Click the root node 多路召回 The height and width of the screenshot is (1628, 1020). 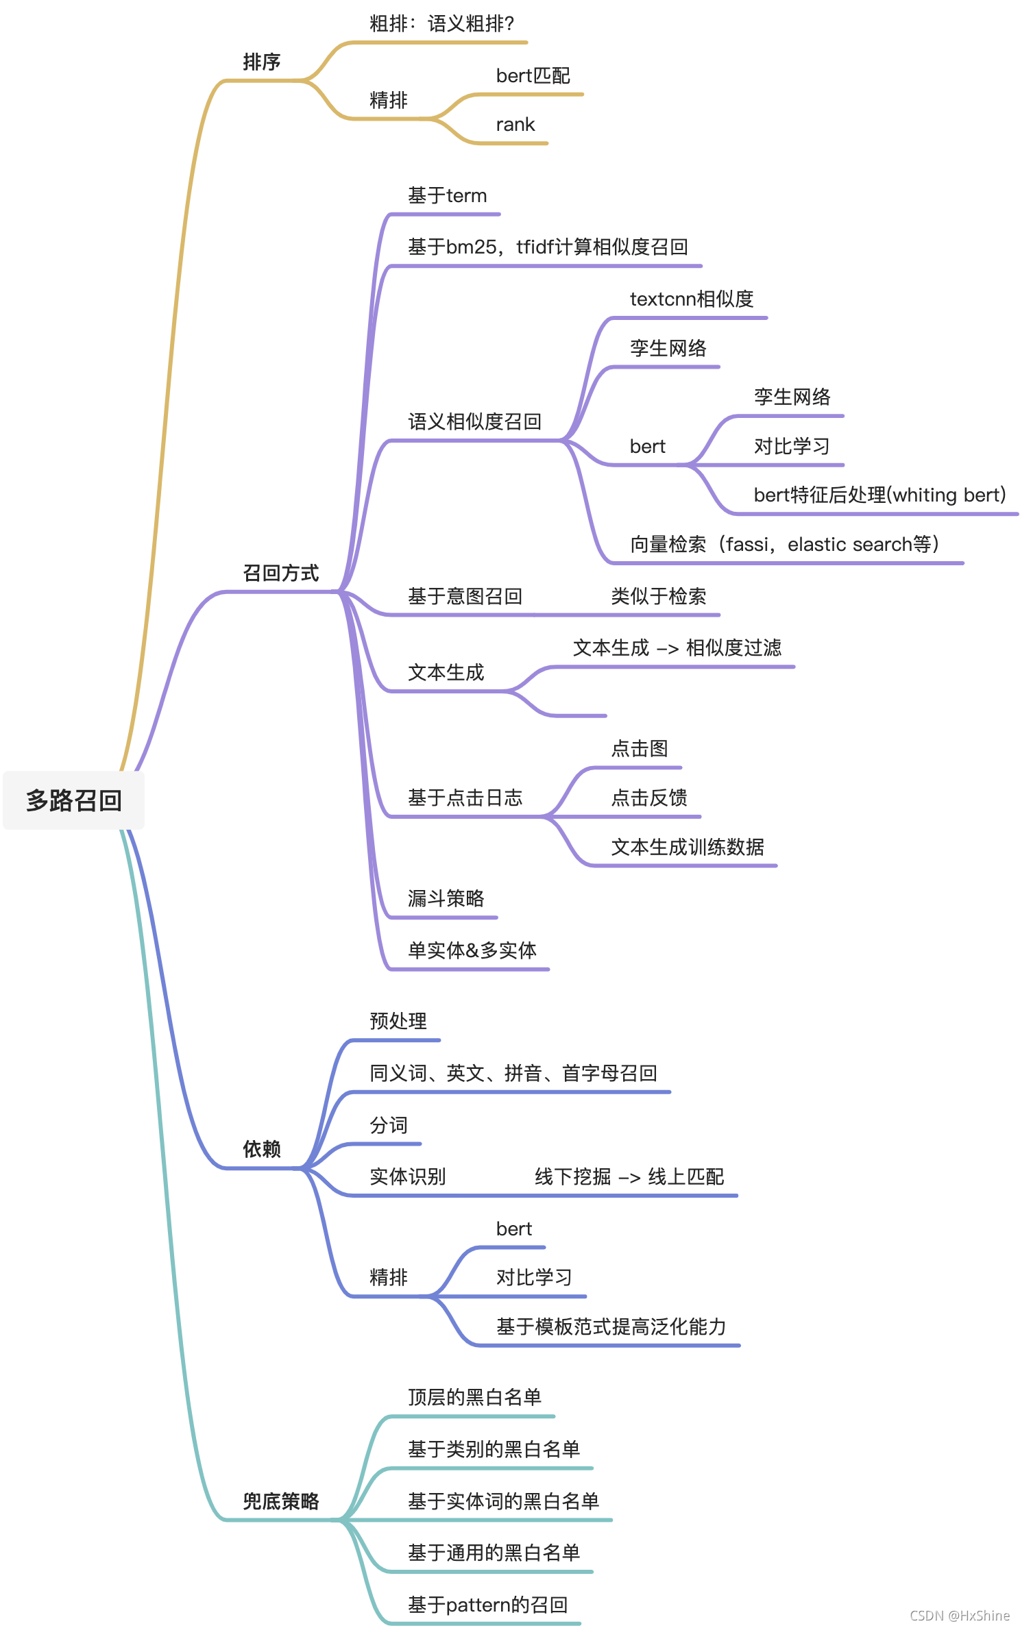click(x=73, y=800)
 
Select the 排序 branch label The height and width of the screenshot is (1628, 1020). click(x=261, y=62)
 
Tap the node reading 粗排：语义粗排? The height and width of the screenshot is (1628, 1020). click(x=441, y=24)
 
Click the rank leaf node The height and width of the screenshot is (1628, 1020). click(x=515, y=125)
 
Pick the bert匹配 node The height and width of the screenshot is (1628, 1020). click(x=533, y=75)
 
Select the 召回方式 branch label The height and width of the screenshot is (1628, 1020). click(x=280, y=573)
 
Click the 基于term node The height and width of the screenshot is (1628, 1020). click(x=447, y=196)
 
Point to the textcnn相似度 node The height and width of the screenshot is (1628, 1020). click(x=691, y=299)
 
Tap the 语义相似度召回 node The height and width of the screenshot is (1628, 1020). click(x=474, y=421)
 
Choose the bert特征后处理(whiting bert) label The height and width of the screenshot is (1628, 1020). click(x=879, y=495)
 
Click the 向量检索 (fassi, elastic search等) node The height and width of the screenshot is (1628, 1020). click(x=784, y=544)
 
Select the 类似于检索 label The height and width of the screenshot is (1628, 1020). click(x=658, y=596)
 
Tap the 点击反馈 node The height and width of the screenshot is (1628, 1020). click(x=648, y=798)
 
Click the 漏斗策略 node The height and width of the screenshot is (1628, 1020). click(x=446, y=898)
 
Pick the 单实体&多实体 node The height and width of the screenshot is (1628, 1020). click(x=472, y=950)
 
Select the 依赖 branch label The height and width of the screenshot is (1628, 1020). click(x=261, y=1149)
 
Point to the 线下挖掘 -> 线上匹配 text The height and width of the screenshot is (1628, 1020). click(x=629, y=1176)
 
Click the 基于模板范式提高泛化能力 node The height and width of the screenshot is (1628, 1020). click(x=610, y=1327)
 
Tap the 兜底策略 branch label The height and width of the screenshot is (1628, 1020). click(x=280, y=1501)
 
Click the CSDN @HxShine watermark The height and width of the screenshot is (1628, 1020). click(x=959, y=1615)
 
